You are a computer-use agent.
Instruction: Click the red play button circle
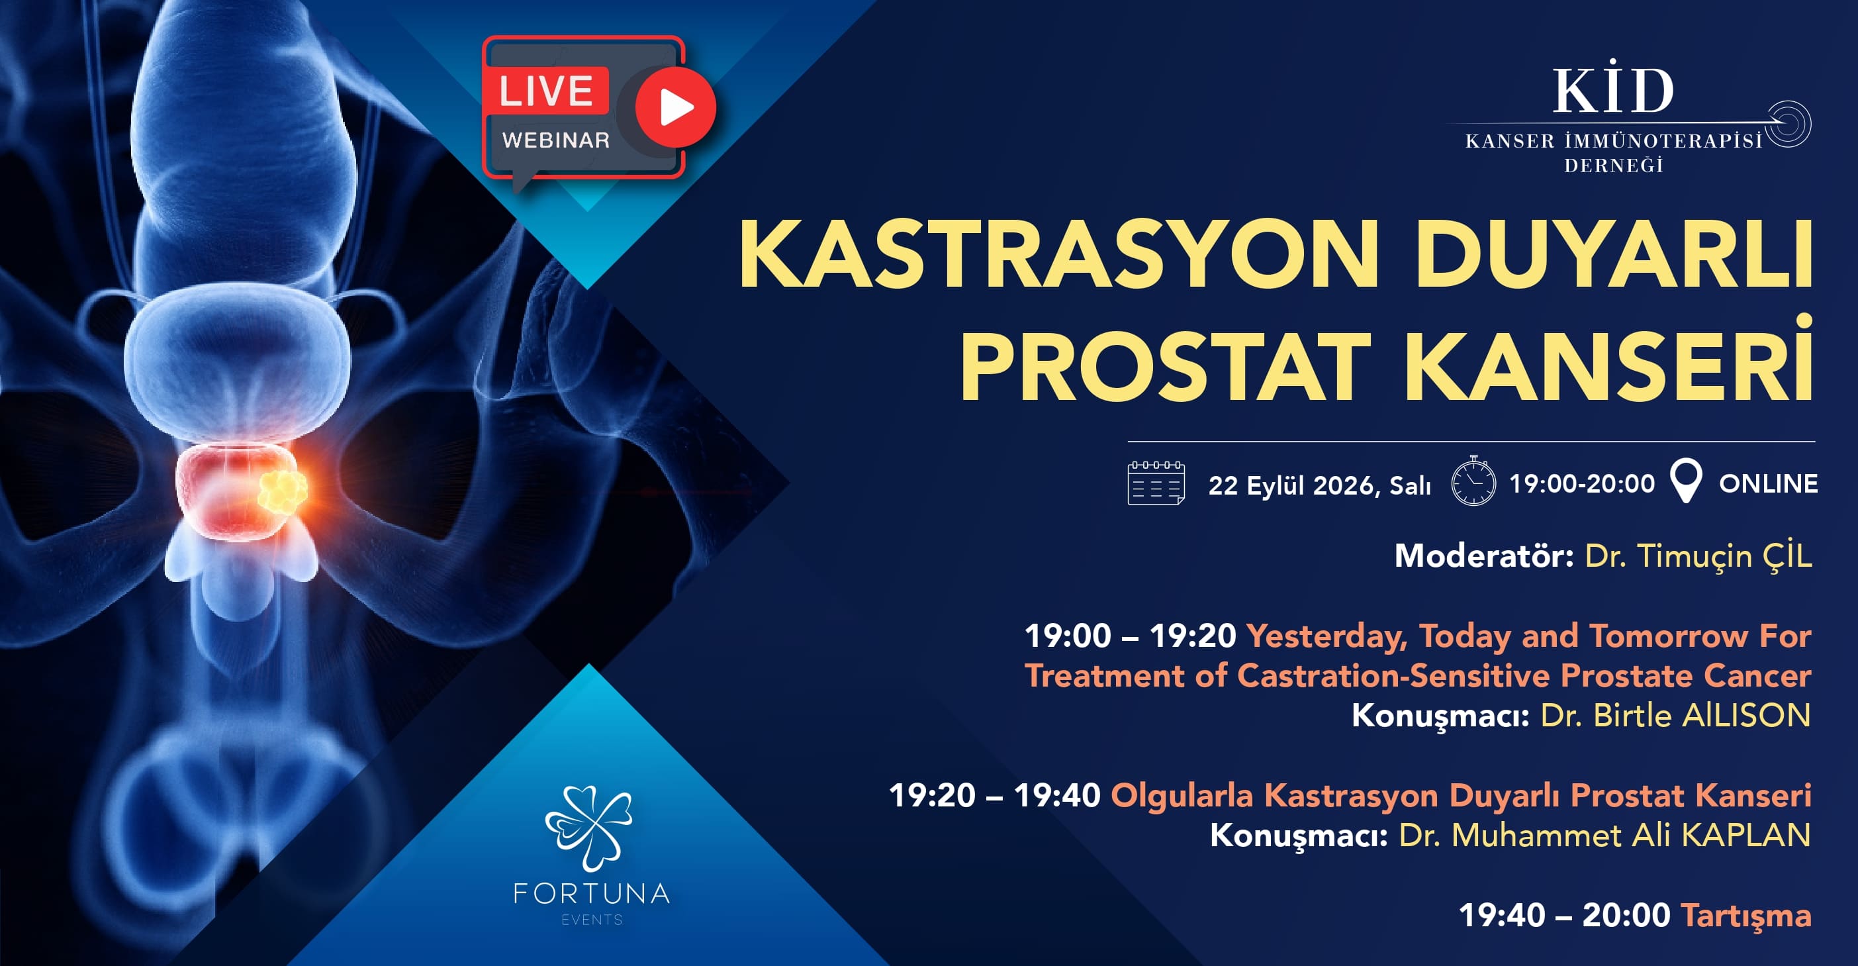pyautogui.click(x=675, y=107)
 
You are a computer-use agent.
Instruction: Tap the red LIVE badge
pyautogui.click(x=546, y=90)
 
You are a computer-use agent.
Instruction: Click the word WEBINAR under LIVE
pyautogui.click(x=556, y=140)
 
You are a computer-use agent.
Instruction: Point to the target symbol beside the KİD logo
pyautogui.click(x=1787, y=123)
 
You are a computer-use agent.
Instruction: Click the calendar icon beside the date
pyautogui.click(x=1156, y=483)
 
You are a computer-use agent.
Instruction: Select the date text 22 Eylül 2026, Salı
pyautogui.click(x=1319, y=485)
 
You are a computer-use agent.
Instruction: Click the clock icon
pyautogui.click(x=1473, y=481)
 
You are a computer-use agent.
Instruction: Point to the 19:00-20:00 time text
pyautogui.click(x=1582, y=483)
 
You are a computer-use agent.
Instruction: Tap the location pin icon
pyautogui.click(x=1687, y=481)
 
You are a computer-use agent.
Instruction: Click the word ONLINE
pyautogui.click(x=1768, y=483)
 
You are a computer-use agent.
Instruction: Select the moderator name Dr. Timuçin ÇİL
pyautogui.click(x=1698, y=556)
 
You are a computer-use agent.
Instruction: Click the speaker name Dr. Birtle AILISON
pyautogui.click(x=1675, y=716)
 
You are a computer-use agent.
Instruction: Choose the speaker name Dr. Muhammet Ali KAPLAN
pyautogui.click(x=1605, y=836)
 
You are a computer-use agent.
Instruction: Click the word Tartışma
pyautogui.click(x=1745, y=916)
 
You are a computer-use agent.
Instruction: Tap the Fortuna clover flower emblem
pyautogui.click(x=589, y=827)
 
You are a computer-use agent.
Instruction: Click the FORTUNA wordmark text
pyautogui.click(x=592, y=894)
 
